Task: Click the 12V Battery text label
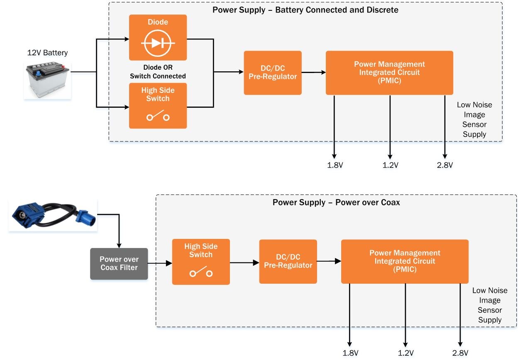47,53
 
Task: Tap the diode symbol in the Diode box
158,43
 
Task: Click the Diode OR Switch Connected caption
158,72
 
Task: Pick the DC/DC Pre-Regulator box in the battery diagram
272,73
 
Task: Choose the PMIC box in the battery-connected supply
389,73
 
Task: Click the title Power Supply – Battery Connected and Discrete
305,10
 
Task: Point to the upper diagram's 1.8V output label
335,165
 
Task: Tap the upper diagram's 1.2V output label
390,165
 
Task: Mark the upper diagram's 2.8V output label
444,165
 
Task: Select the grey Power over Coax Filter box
119,264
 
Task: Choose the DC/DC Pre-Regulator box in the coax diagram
288,261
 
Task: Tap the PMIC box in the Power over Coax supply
405,261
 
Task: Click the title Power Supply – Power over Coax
336,203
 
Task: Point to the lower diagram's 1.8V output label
350,353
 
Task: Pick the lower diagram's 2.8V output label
460,353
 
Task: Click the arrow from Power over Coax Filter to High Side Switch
160,263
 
